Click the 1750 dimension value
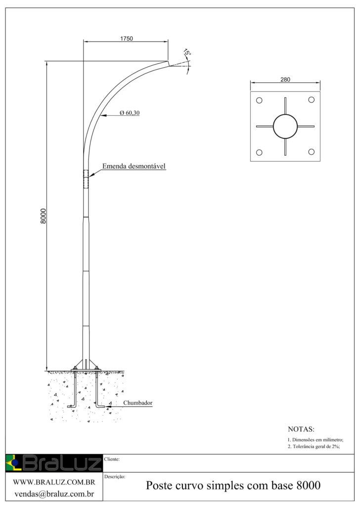pos(126,38)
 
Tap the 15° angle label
pos(186,53)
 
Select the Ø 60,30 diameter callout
pos(130,113)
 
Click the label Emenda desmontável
pos(134,166)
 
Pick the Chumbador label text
pos(137,403)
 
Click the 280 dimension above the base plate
pos(285,79)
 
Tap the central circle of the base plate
pos(285,127)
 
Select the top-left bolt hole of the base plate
pos(259,100)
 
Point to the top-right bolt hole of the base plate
pos(312,100)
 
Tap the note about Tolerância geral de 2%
pos(314,446)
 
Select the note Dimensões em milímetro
pos(315,439)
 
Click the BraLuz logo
pos(53,463)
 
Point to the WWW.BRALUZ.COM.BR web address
pos(54,482)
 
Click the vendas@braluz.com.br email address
pos(54,493)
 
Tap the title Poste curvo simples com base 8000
pos(233,486)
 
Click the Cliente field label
pos(112,459)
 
